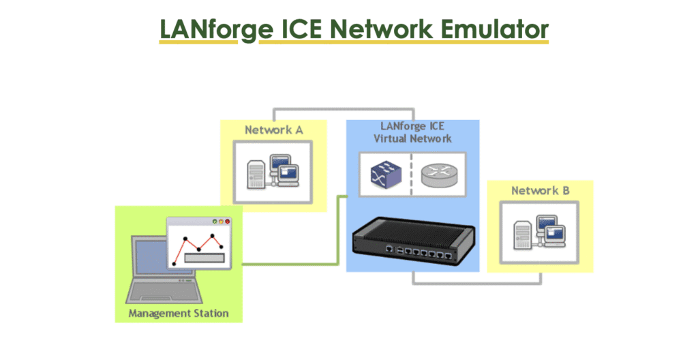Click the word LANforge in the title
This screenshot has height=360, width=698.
point(198,29)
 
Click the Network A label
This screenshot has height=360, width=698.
point(273,130)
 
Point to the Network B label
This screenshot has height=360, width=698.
point(540,190)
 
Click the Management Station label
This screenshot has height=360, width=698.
point(179,314)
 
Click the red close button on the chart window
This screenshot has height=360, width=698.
point(228,222)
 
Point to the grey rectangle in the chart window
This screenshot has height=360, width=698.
point(204,258)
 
